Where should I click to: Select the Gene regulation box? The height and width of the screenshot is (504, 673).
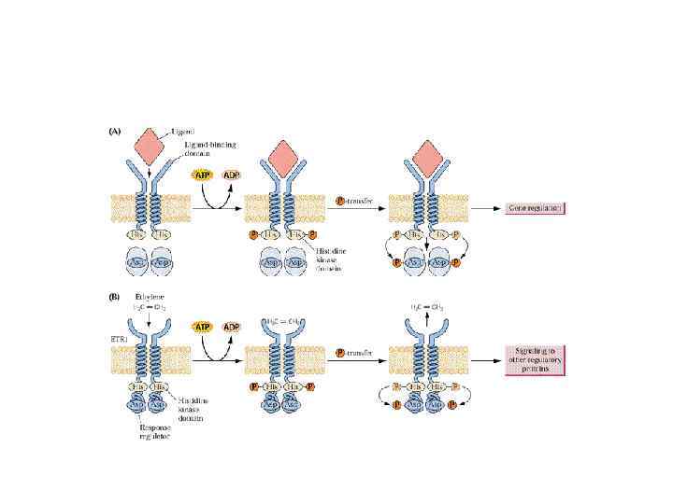coord(535,208)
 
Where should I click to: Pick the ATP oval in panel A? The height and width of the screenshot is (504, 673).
coord(203,175)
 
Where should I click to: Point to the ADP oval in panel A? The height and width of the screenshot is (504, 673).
coord(231,175)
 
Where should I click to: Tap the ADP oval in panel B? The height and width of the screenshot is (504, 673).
coord(230,327)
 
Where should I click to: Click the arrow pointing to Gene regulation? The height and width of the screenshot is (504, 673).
coord(486,208)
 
